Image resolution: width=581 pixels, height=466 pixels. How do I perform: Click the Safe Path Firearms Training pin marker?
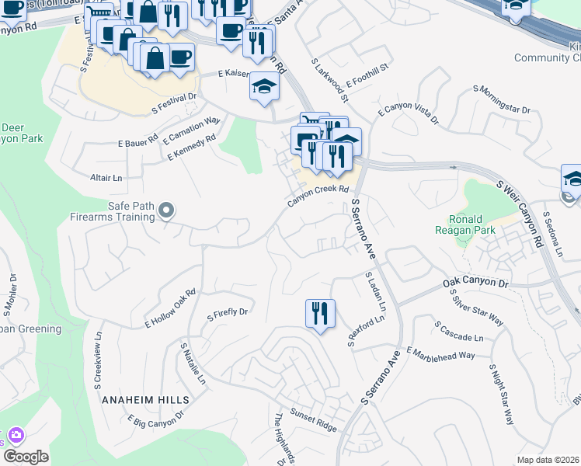pos(165,210)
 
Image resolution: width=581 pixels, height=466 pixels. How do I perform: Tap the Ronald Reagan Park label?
pos(477,224)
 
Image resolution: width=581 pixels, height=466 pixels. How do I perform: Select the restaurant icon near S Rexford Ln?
pos(320,314)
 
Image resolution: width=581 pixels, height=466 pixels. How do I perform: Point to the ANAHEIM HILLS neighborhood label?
pos(145,399)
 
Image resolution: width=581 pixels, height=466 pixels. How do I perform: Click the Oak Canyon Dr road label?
pos(475,283)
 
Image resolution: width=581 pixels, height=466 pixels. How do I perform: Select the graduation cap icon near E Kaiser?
pos(264,88)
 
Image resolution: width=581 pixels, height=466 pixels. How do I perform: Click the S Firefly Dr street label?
pos(227,314)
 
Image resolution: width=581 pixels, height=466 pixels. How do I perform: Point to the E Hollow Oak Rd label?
pos(170,308)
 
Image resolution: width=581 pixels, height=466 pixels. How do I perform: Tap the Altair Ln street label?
pos(106,178)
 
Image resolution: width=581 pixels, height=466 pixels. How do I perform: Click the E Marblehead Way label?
pos(440,353)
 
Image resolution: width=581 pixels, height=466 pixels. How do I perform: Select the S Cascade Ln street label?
pos(458,332)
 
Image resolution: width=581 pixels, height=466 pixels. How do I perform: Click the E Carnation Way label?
pos(192,130)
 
